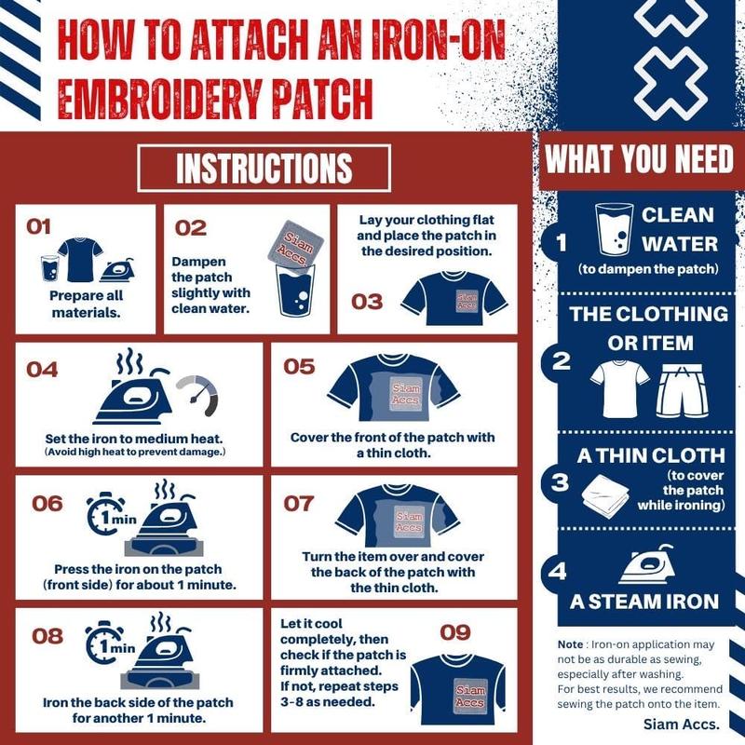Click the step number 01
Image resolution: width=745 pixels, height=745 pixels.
coord(38,226)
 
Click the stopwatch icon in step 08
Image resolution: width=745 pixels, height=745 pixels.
coord(104,643)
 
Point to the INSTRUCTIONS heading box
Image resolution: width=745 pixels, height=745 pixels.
coord(264,169)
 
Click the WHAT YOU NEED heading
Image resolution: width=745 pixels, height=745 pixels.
coord(640,159)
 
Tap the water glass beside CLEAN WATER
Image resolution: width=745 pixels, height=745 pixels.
coord(614,229)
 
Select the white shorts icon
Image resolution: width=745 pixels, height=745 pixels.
coord(683,391)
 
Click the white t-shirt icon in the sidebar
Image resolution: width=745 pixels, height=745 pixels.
coord(619,388)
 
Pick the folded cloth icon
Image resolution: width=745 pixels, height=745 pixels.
coord(604,495)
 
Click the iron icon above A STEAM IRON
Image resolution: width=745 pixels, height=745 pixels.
coord(648,564)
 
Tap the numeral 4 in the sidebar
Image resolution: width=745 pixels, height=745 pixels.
coord(557,571)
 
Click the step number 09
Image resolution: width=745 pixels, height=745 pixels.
coord(454,632)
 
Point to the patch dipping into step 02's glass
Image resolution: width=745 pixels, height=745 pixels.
coord(295,244)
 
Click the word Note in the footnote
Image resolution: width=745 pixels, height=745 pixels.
coord(570,644)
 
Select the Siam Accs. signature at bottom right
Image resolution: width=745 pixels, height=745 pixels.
coord(682,725)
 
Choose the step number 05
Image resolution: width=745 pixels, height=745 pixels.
coord(299,367)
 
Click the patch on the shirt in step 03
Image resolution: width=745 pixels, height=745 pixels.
coord(467,300)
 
